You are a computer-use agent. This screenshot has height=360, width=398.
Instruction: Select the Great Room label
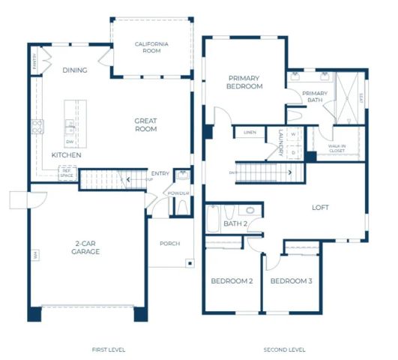pyautogui.click(x=145, y=124)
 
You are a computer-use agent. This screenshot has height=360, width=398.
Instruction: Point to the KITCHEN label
pyautogui.click(x=66, y=154)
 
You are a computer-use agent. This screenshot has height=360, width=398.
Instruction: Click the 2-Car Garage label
pyautogui.click(x=87, y=248)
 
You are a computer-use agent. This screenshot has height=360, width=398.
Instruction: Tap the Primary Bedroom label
pyautogui.click(x=245, y=82)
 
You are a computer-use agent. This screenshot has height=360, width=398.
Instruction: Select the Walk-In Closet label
pyautogui.click(x=337, y=148)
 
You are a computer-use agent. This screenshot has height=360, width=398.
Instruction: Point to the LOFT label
pyautogui.click(x=320, y=208)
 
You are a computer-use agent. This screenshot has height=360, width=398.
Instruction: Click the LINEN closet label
pyautogui.click(x=248, y=133)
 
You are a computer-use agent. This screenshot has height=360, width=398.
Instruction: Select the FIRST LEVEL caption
pyautogui.click(x=109, y=349)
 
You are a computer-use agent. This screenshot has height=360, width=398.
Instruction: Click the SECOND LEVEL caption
pyautogui.click(x=284, y=349)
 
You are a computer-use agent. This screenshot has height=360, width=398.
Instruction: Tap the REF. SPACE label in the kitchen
pyautogui.click(x=67, y=172)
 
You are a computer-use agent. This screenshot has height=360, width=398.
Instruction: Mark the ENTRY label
pyautogui.click(x=160, y=174)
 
